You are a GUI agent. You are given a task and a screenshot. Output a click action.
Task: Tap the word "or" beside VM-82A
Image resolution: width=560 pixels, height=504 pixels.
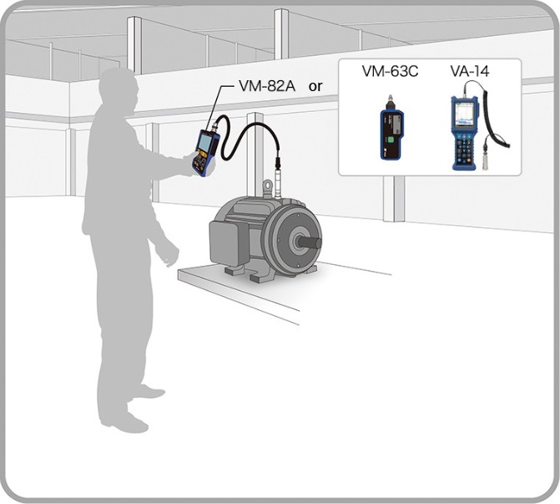point(316,86)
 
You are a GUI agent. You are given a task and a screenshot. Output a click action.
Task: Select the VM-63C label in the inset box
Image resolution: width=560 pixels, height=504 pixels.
point(390,72)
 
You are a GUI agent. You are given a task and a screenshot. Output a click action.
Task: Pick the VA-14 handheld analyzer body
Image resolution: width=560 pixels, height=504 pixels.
point(467,134)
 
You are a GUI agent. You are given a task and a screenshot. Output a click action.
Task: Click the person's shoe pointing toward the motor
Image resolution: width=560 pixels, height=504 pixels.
point(149,391)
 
